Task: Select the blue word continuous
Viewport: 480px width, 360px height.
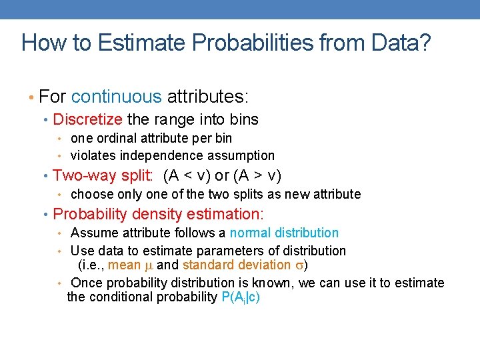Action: pyautogui.click(x=116, y=97)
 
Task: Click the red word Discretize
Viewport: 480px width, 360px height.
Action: pyautogui.click(x=87, y=120)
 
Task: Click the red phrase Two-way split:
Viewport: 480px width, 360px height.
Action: pyautogui.click(x=103, y=176)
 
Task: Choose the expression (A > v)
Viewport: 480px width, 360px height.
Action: pyautogui.click(x=257, y=176)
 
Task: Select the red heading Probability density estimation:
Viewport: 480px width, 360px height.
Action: pyautogui.click(x=158, y=215)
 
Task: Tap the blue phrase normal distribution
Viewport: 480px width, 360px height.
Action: pyautogui.click(x=284, y=233)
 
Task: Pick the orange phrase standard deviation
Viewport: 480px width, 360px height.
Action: pyautogui.click(x=236, y=265)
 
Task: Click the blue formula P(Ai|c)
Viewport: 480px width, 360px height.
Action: pyautogui.click(x=240, y=297)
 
